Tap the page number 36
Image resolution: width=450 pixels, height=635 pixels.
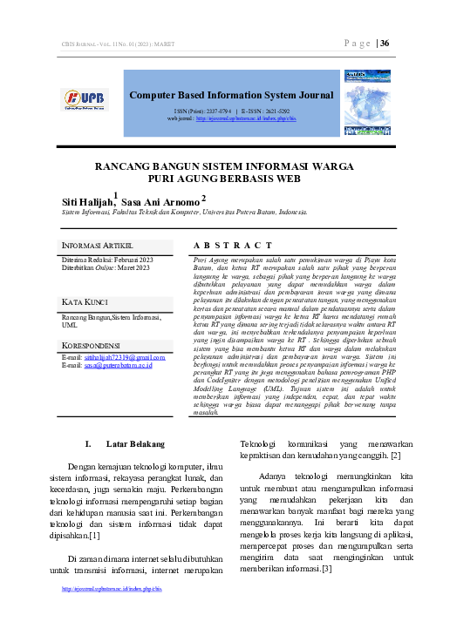click(x=385, y=43)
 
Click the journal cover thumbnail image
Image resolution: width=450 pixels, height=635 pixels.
click(x=366, y=103)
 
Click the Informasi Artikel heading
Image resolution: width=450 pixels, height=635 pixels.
click(x=97, y=247)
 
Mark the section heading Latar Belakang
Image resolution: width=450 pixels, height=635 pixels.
click(x=128, y=444)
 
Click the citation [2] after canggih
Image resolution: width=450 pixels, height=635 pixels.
click(x=396, y=456)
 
